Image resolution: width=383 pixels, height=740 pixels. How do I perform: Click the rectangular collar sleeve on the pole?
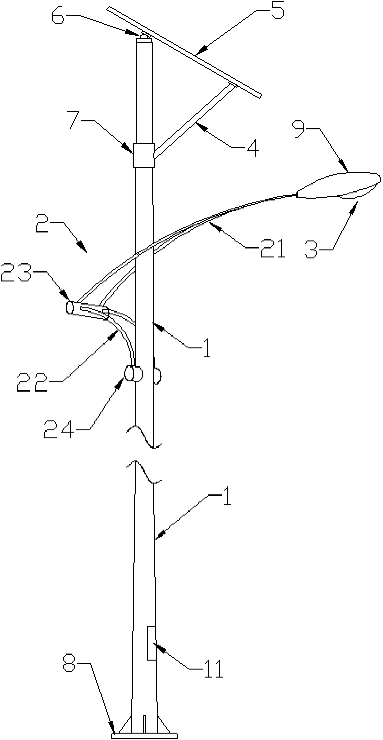click(144, 155)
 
